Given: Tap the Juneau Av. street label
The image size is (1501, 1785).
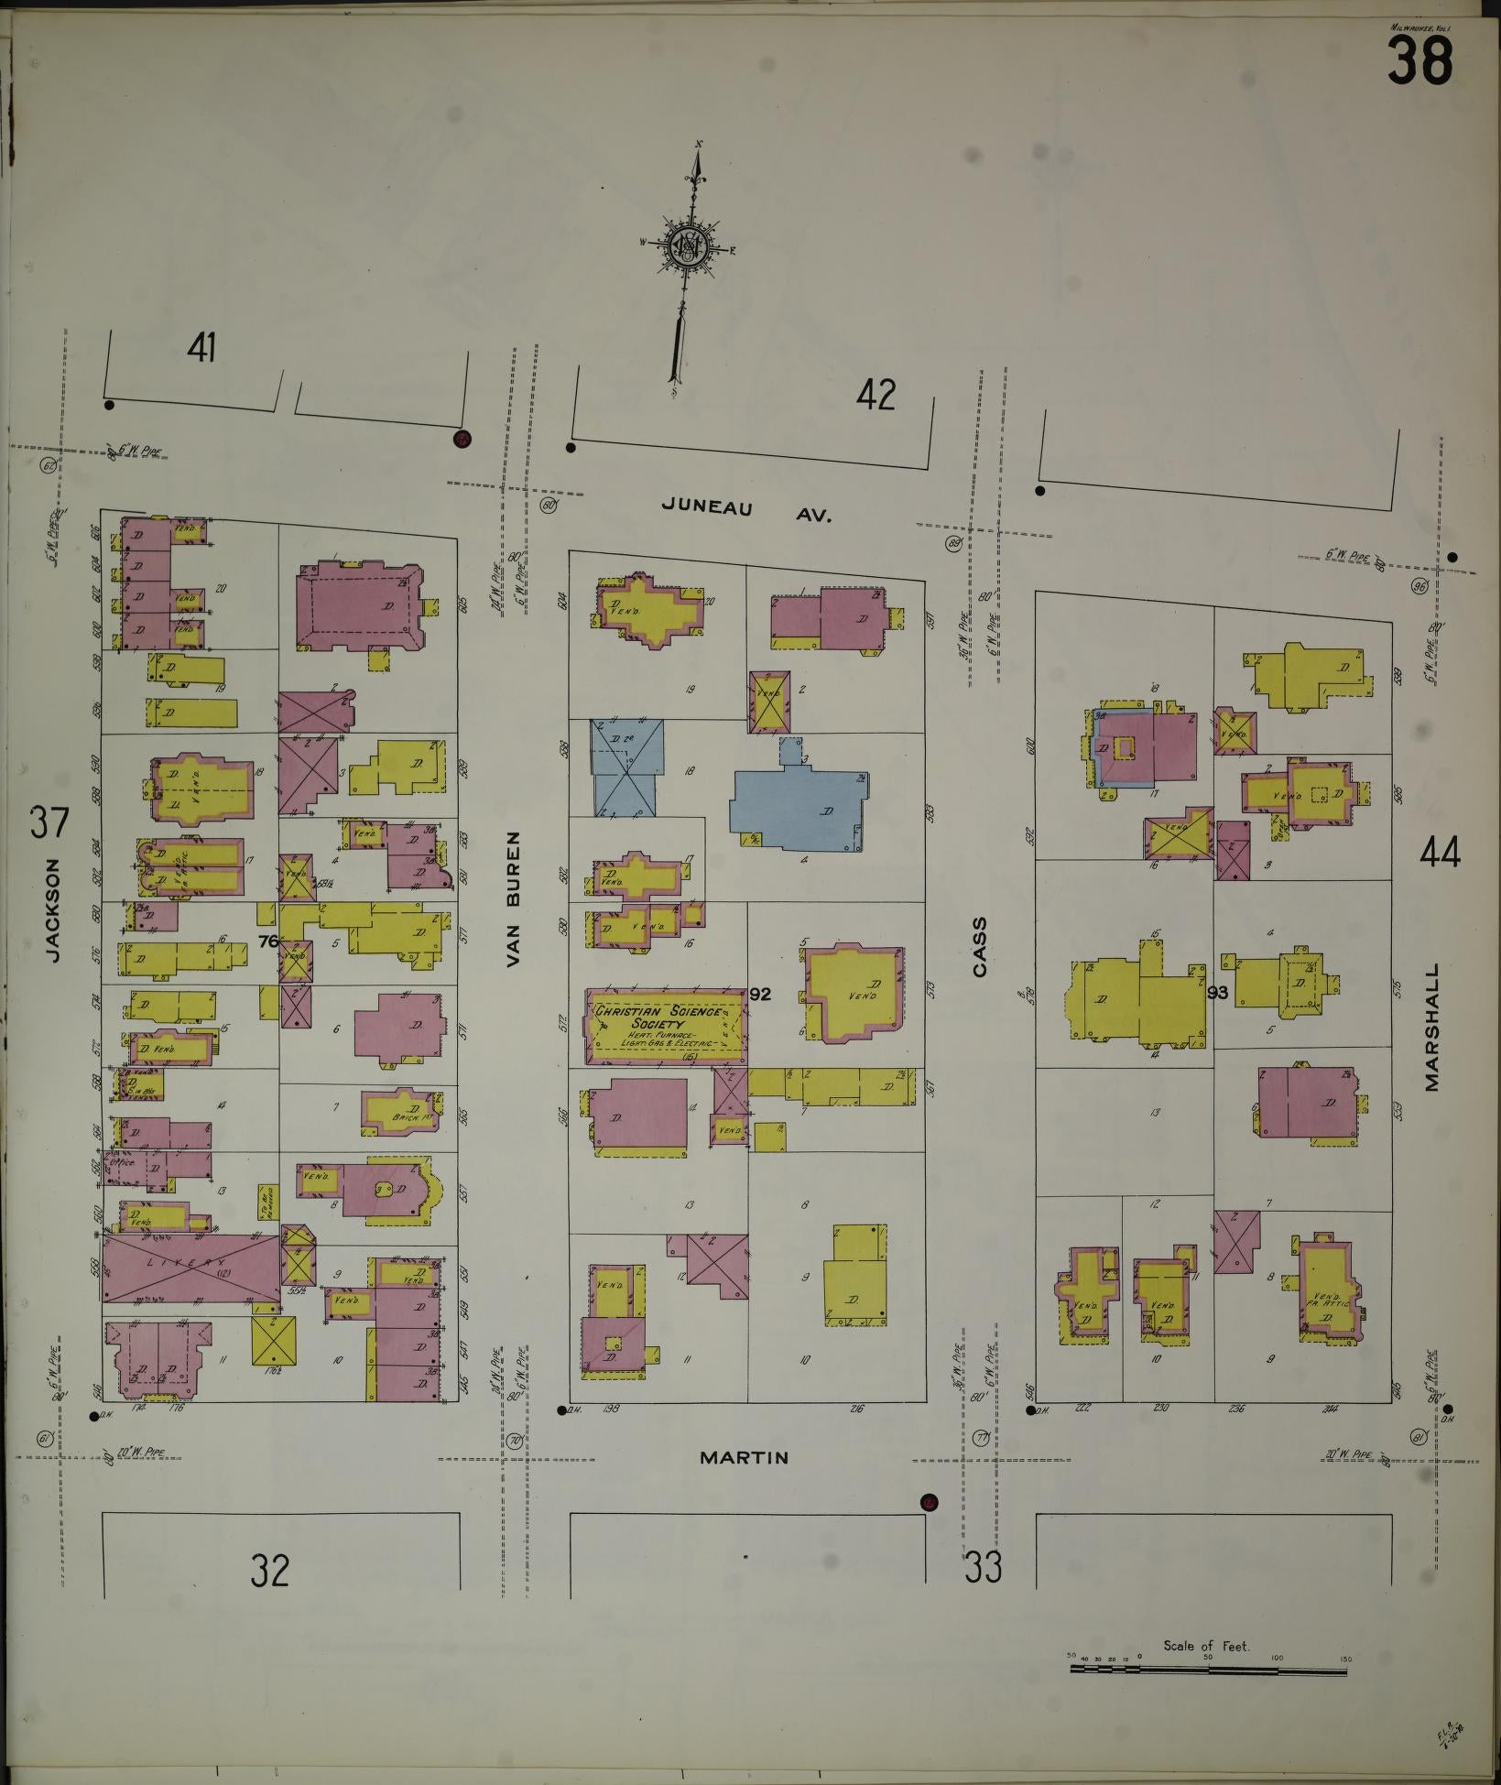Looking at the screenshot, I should coord(746,510).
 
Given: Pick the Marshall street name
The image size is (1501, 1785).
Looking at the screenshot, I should coord(1432,1026).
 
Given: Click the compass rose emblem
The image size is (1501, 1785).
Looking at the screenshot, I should coord(688,245).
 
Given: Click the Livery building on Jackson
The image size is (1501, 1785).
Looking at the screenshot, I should coord(190,1267).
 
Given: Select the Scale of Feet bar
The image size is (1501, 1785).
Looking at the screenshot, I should coord(1208,1670).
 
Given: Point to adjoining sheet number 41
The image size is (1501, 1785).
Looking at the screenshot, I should coord(201,348).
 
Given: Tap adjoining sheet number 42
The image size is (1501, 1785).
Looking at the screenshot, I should coord(876,396).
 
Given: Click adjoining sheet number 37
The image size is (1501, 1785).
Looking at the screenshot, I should coord(49,822).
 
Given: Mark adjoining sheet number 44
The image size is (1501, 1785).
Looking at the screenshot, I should coord(1440,854).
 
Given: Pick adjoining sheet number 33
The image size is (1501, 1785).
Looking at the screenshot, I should coord(983,1568).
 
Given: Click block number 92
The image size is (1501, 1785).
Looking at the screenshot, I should coord(759,995).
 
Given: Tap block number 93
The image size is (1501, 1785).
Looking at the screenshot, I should coord(1217,992).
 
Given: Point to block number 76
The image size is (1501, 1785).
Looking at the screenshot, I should coord(267,940).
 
